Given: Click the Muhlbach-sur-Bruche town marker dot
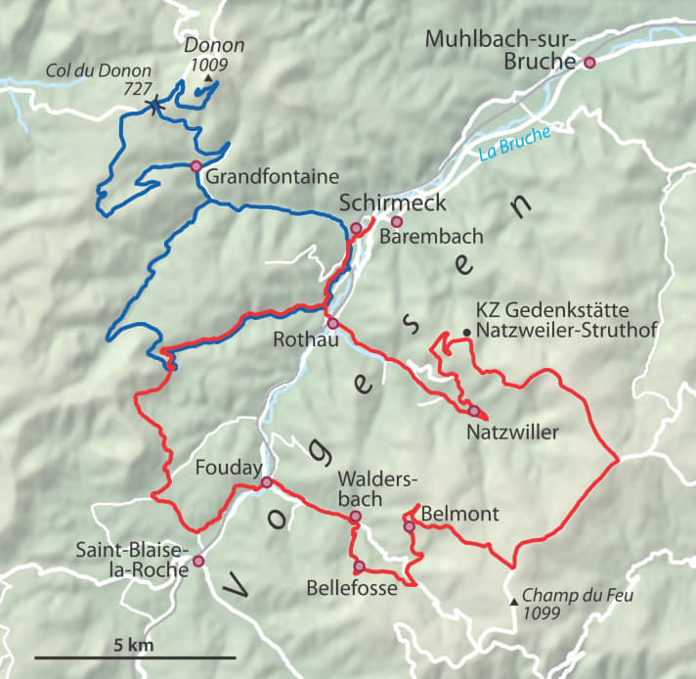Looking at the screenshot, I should pyautogui.click(x=589, y=63).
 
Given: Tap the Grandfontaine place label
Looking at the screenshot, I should pyautogui.click(x=272, y=177).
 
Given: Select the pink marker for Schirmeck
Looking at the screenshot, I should pyautogui.click(x=356, y=228).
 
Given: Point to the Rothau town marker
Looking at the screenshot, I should pyautogui.click(x=332, y=323).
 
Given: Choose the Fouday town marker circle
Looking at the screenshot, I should pyautogui.click(x=266, y=481).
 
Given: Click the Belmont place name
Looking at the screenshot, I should pyautogui.click(x=461, y=515).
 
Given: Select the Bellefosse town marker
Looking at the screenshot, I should pyautogui.click(x=359, y=566).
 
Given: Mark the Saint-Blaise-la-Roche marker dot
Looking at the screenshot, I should pyautogui.click(x=198, y=561).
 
